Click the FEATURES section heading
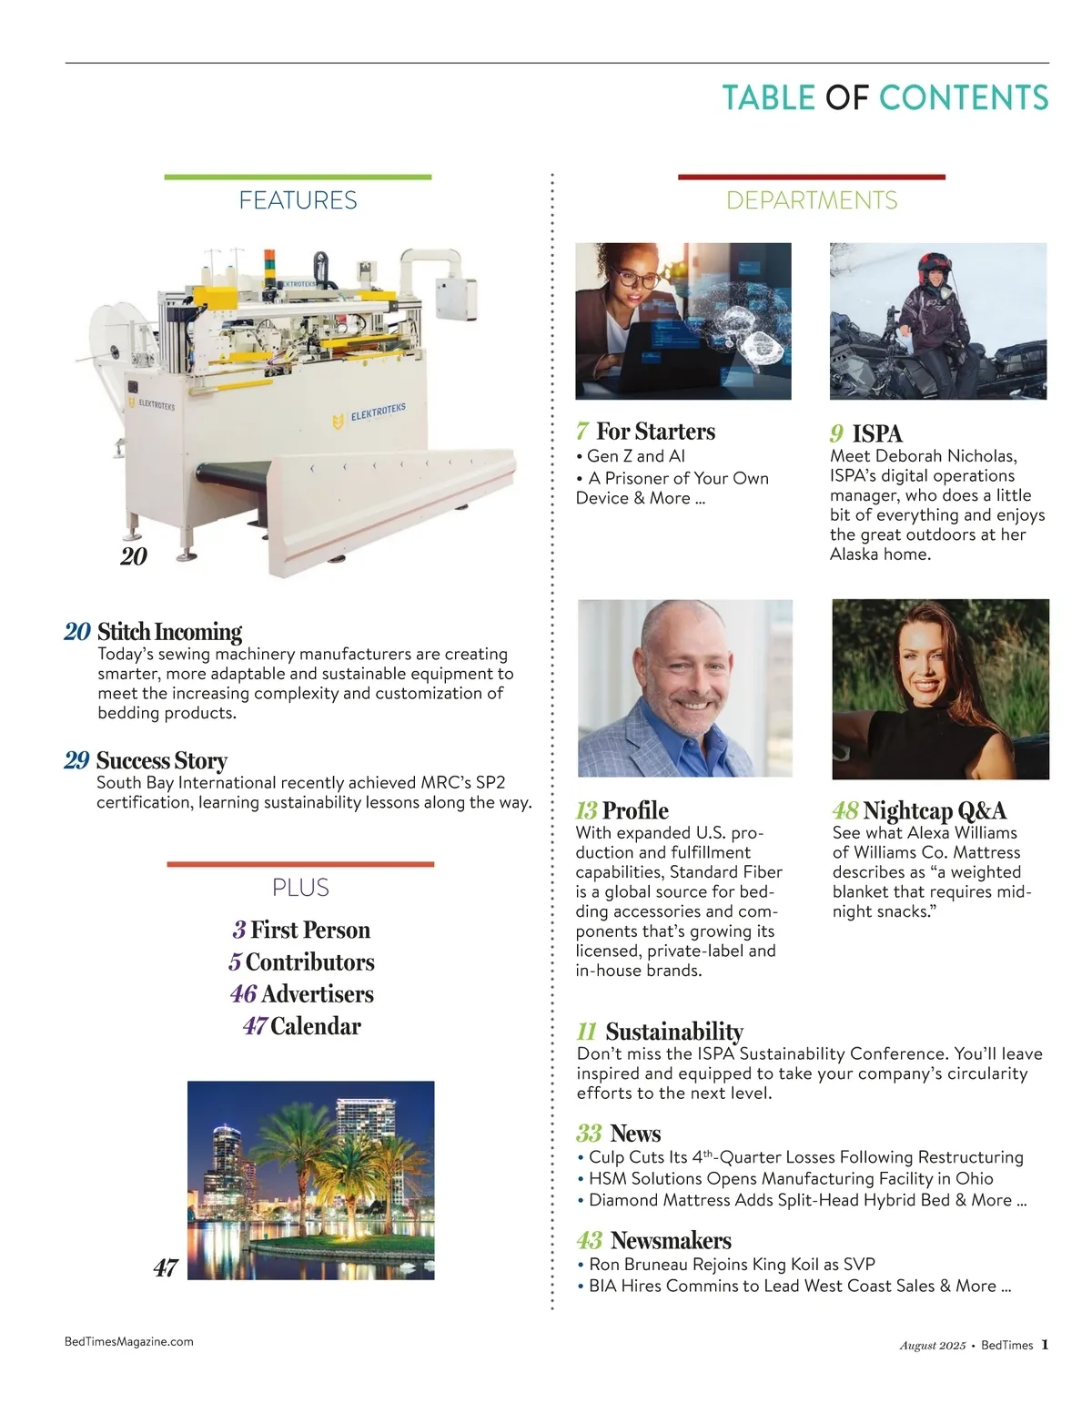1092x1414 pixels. pos(298,200)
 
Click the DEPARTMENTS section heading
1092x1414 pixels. pos(812,200)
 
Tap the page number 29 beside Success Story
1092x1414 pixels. pos(76,760)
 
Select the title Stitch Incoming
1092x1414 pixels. pos(169,632)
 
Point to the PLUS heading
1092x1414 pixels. pos(300,888)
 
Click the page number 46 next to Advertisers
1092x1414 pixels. pos(243,994)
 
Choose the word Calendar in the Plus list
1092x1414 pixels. pos(316,1026)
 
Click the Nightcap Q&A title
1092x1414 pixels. pos(935,810)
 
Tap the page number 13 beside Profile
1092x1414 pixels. pos(586,810)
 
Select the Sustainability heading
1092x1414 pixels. pos(673,1032)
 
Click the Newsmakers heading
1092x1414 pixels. pos(671,1240)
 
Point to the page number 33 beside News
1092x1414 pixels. pos(589,1134)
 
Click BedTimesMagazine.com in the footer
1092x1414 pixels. pos(129,1341)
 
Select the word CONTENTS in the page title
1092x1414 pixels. pos(964,98)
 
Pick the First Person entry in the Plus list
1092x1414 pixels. pos(310,930)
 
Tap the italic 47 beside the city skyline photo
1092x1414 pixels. pos(165,1267)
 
